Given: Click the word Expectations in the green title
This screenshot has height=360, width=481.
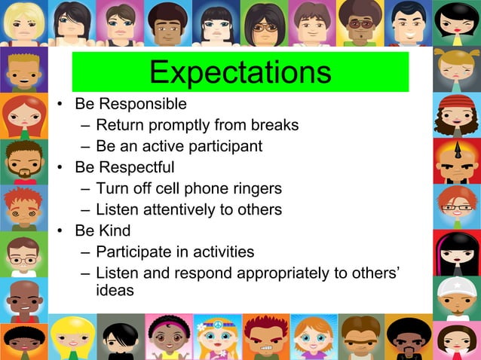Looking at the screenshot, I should click(240, 72).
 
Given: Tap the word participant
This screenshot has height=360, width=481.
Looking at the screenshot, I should click(224, 146).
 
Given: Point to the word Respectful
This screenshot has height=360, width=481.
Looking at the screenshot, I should click(136, 167).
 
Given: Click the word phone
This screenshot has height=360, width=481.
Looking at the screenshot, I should click(213, 188).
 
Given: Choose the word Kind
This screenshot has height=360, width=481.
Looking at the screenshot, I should click(114, 230).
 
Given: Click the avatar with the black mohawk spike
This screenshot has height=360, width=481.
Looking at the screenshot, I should click(456, 160).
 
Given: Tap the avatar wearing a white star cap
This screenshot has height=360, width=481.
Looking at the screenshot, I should click(456, 296).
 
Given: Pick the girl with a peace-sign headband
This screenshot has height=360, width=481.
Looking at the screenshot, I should click(218, 336).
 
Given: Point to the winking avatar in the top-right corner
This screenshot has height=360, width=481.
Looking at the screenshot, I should click(457, 23).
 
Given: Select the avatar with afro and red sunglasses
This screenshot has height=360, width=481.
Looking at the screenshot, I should click(361, 23).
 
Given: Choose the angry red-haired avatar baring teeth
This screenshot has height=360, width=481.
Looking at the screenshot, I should click(265, 337).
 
